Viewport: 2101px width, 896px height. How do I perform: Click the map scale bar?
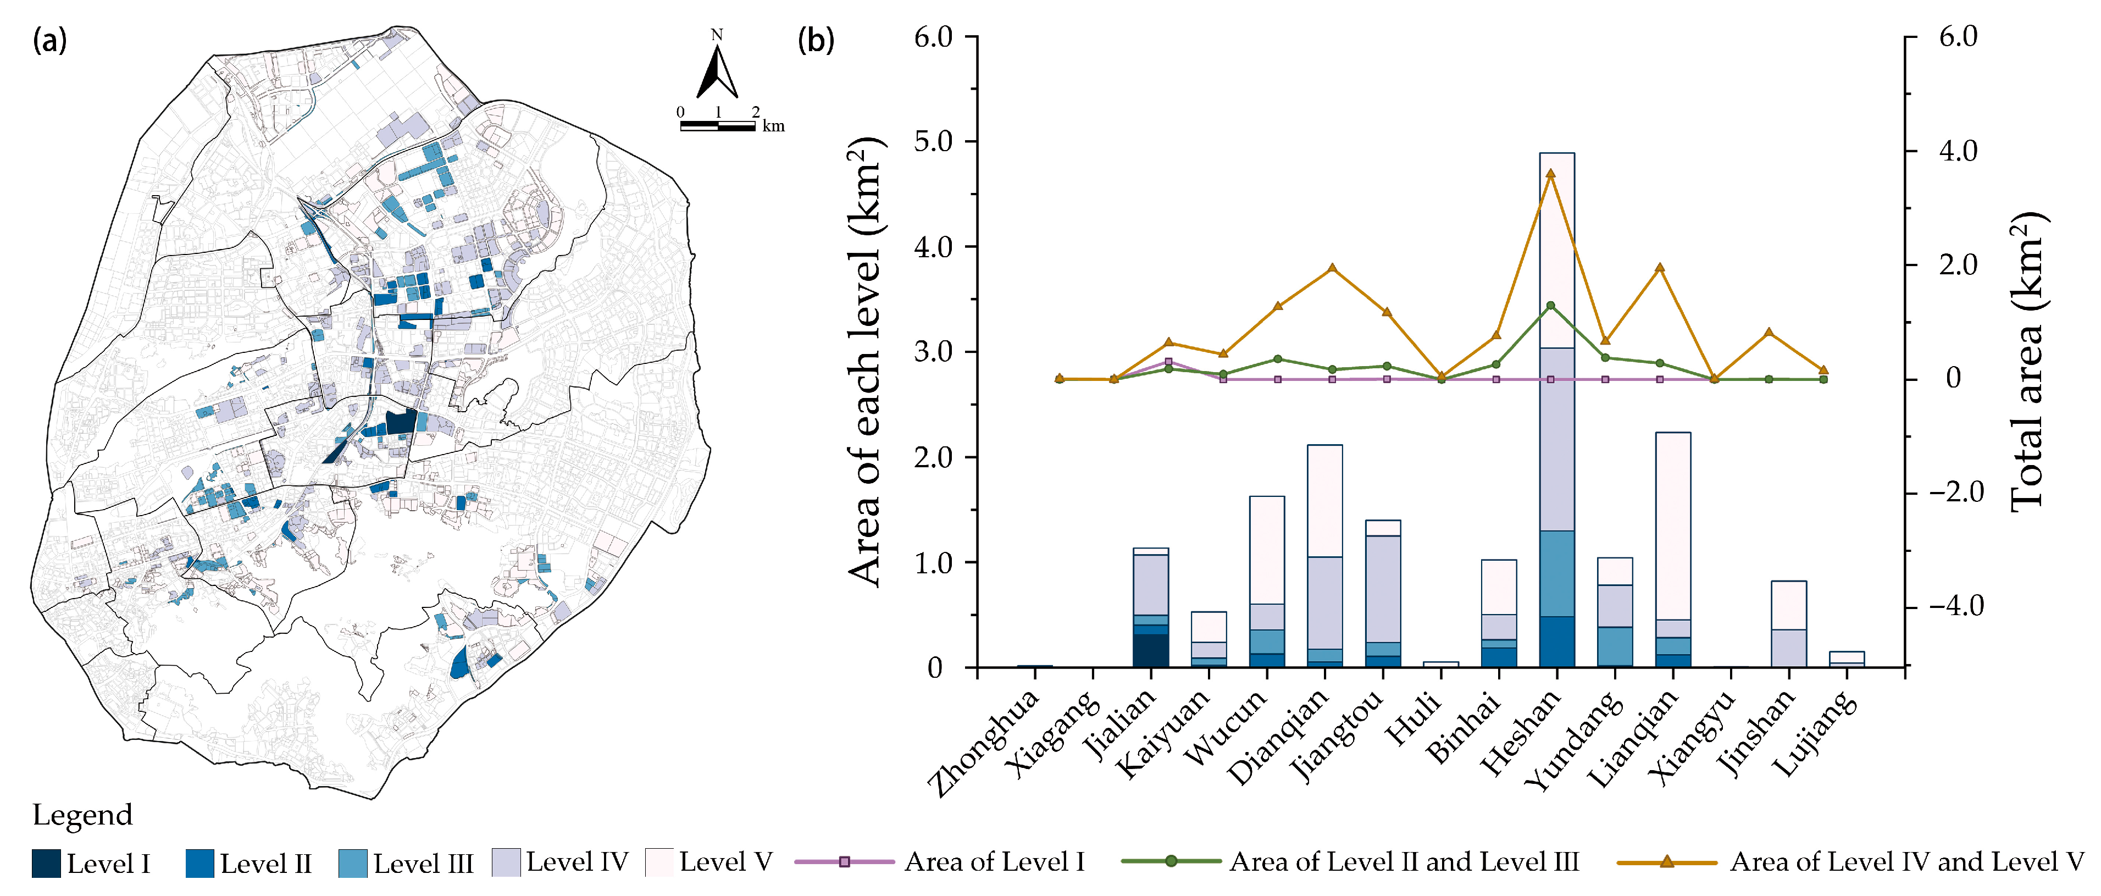click(718, 126)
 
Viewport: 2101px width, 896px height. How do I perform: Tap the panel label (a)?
click(49, 39)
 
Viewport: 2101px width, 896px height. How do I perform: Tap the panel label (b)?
click(816, 39)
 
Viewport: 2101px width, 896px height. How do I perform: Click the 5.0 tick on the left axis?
click(933, 141)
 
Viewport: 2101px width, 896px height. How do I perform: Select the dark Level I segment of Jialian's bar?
click(1151, 650)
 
